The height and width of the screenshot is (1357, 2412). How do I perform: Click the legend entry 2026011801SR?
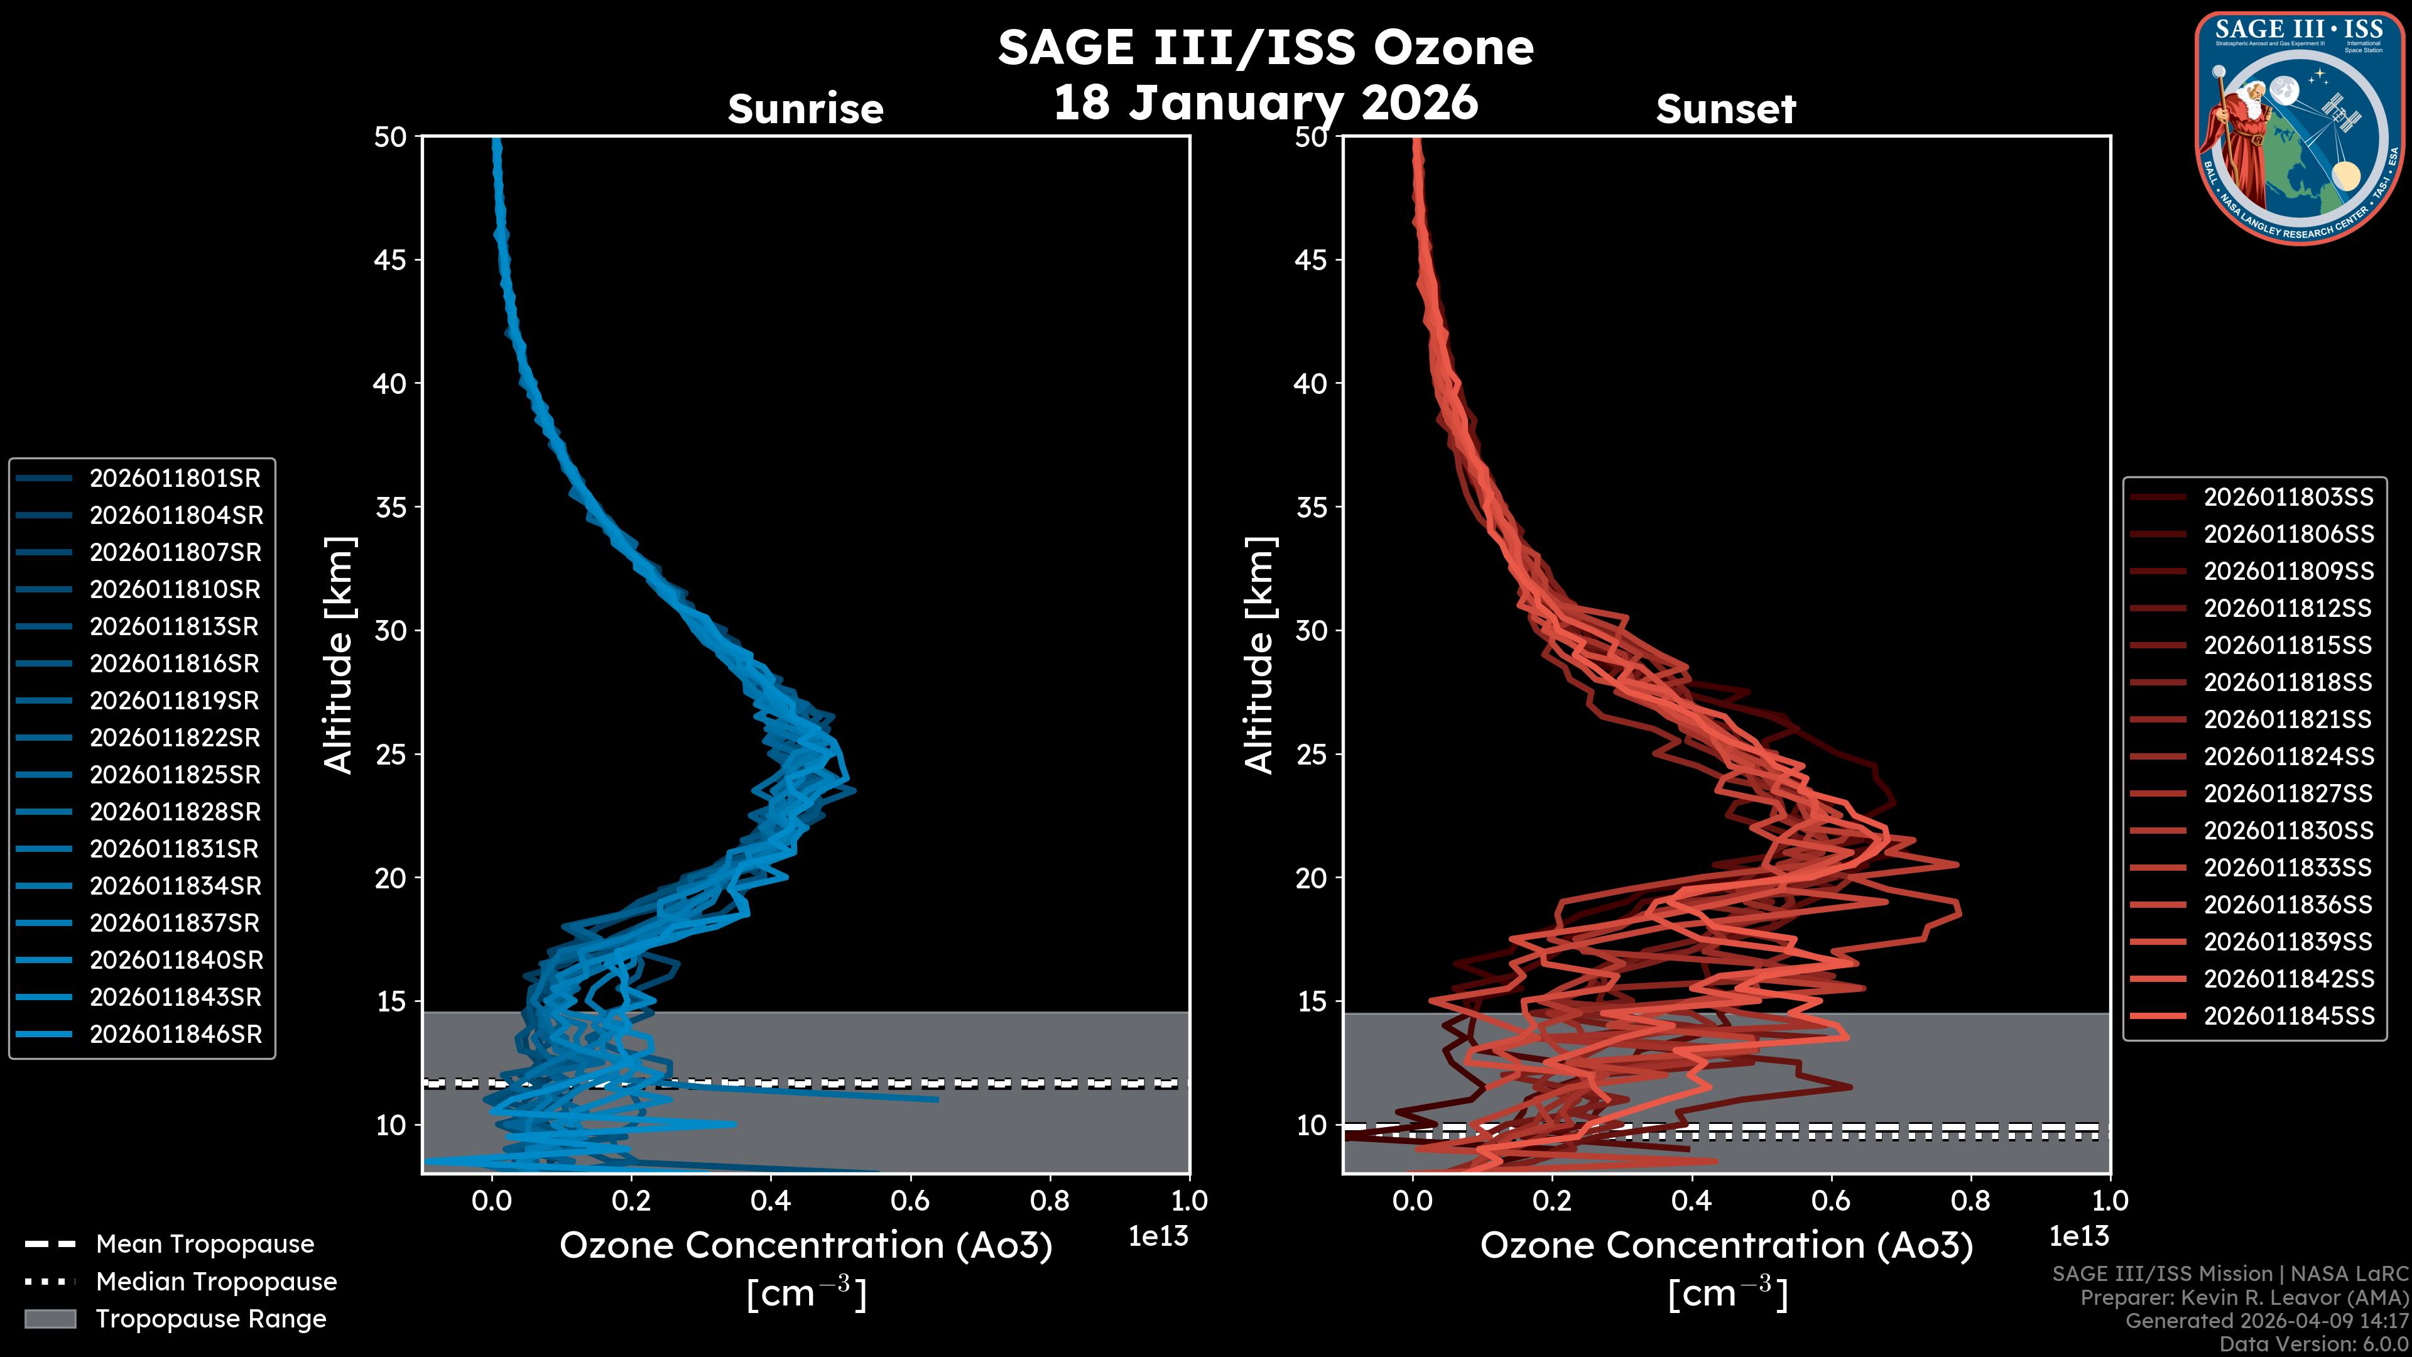pyautogui.click(x=174, y=479)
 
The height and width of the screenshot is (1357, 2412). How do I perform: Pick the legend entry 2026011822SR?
pyautogui.click(x=174, y=738)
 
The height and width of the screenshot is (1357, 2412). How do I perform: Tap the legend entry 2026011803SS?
pyautogui.click(x=2288, y=498)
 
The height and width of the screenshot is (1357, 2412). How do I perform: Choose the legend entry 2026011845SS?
pyautogui.click(x=2288, y=1016)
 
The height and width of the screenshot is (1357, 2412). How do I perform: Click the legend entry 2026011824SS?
pyautogui.click(x=2288, y=756)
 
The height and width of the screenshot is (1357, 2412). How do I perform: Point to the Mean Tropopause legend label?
pyautogui.click(x=204, y=1245)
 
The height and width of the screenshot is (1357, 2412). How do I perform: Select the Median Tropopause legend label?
pyautogui.click(x=215, y=1282)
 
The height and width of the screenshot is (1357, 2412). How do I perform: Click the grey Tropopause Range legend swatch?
pyautogui.click(x=50, y=1319)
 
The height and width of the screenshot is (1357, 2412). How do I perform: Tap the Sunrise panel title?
pyautogui.click(x=805, y=109)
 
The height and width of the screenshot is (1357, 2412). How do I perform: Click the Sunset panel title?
pyautogui.click(x=1725, y=109)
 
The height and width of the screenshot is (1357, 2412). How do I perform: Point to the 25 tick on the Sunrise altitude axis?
pyautogui.click(x=391, y=755)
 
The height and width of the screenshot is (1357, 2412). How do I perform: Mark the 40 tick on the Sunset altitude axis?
pyautogui.click(x=1312, y=384)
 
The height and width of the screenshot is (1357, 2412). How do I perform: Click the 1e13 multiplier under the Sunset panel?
pyautogui.click(x=2078, y=1237)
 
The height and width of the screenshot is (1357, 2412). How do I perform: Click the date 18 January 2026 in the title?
pyautogui.click(x=1265, y=103)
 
